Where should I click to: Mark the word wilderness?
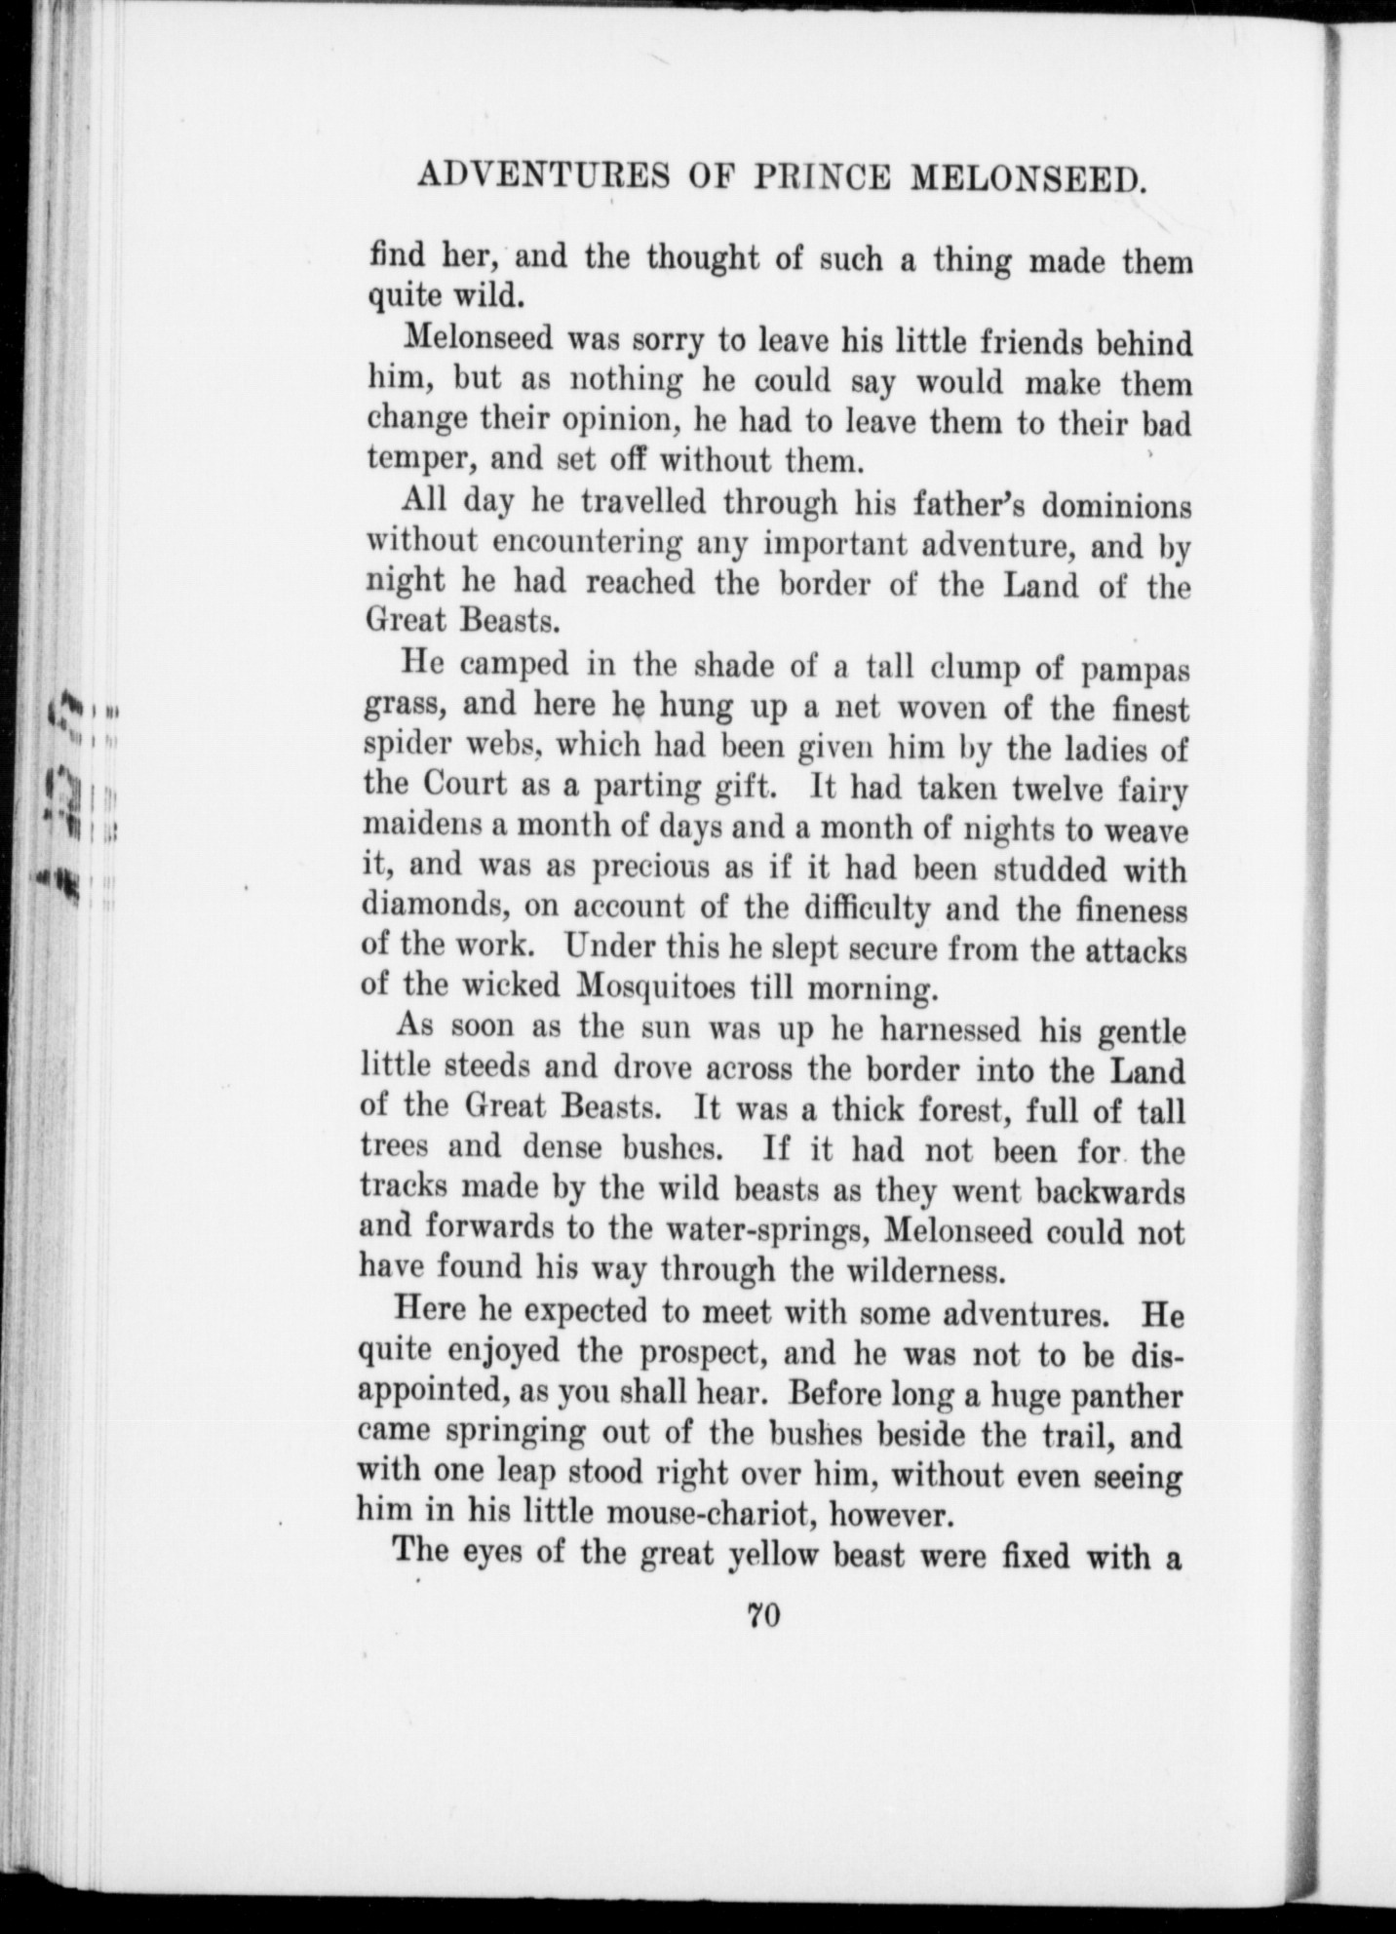pos(933,1271)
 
